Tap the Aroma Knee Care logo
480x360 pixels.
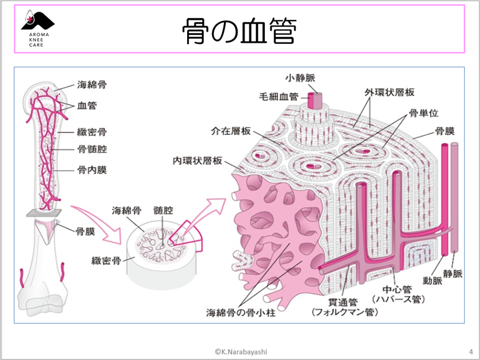[x=37, y=30]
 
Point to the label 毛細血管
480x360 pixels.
[x=280, y=97]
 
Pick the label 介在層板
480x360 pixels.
[x=231, y=131]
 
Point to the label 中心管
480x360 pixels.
[x=396, y=289]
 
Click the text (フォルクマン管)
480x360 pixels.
[x=345, y=312]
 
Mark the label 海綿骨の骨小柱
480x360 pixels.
[x=237, y=312]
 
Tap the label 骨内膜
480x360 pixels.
[x=92, y=170]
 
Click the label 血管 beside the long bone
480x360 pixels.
[x=87, y=105]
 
